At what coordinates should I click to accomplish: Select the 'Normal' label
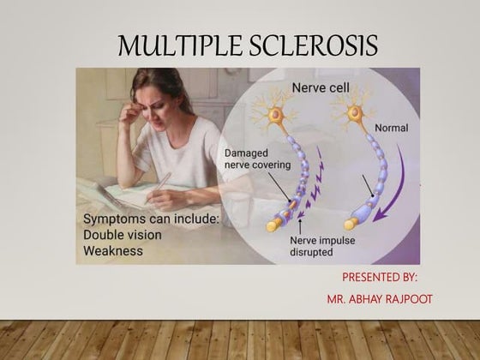coord(391,128)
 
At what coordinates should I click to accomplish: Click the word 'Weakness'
coord(113,251)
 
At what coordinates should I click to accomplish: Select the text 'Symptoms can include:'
coord(151,219)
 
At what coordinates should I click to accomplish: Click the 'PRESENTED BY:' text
coord(380,278)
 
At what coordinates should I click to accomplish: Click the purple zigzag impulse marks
coord(310,184)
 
